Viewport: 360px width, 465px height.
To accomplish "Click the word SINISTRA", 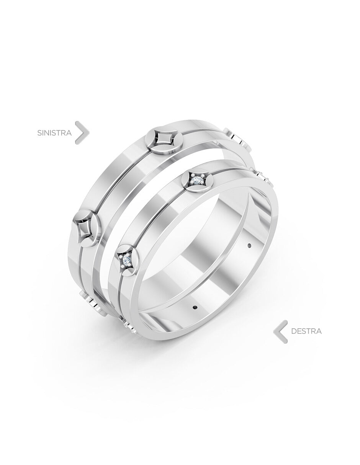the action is (x=54, y=133).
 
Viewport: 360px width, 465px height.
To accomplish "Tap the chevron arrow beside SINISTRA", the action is (x=82, y=132).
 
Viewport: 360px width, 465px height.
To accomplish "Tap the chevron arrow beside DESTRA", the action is (x=280, y=331).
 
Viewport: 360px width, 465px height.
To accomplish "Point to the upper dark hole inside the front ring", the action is (x=249, y=245).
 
